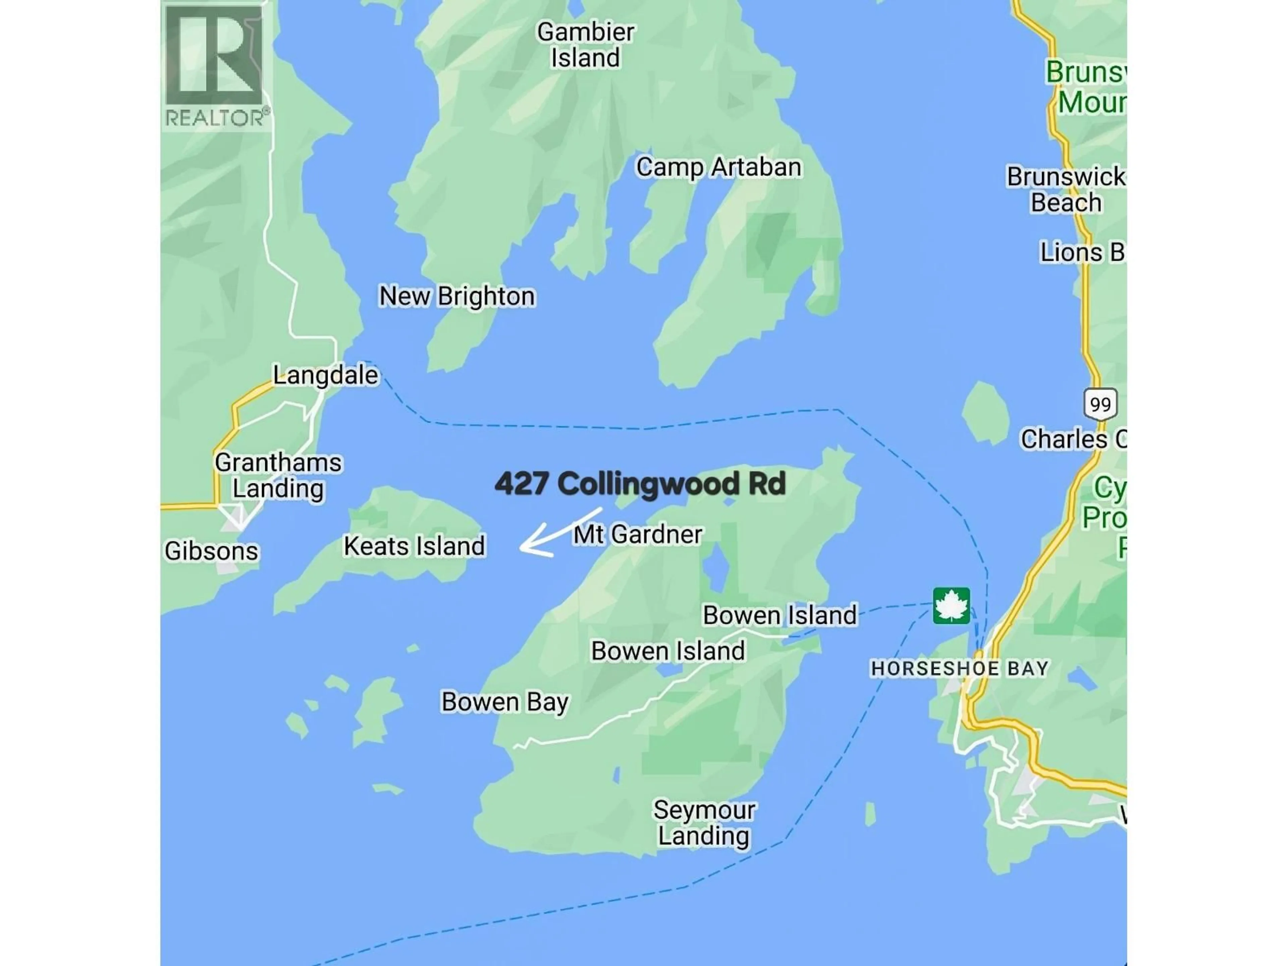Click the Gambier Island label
point(585,45)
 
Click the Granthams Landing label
point(278,475)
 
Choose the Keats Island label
point(414,546)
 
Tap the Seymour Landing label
point(704,823)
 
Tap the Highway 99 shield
point(1100,404)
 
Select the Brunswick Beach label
point(1066,190)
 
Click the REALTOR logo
point(215,66)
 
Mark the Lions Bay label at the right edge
point(1082,253)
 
